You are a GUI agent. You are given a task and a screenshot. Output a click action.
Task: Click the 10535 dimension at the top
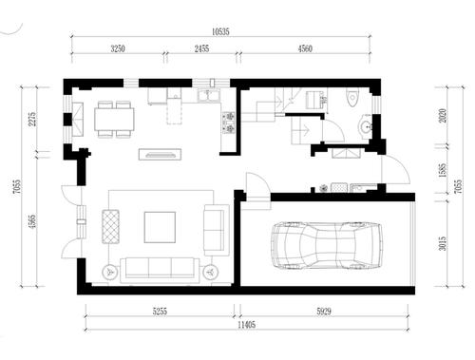coord(220,31)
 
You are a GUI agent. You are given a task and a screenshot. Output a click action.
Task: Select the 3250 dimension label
coord(118,48)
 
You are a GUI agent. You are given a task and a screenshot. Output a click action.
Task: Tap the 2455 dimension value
coord(201,48)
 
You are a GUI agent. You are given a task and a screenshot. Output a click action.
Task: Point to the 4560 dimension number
coord(305,48)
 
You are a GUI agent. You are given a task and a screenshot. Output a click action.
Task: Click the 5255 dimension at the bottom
coord(160,312)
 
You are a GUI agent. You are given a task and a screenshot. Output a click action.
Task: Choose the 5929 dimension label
coord(324,312)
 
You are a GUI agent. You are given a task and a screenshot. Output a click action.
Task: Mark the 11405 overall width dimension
coord(247,325)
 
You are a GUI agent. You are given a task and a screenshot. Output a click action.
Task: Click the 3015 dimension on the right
coord(443,243)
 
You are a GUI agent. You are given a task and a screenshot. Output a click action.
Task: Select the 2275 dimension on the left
coord(33,119)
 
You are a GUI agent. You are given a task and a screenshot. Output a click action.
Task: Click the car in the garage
coord(327,245)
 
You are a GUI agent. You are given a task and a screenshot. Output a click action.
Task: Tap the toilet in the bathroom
coord(352,97)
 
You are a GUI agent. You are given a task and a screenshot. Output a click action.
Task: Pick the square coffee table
coord(160,227)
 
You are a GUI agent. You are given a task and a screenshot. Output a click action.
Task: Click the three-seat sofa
coord(160,270)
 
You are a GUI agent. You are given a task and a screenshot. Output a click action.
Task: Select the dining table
coord(114,120)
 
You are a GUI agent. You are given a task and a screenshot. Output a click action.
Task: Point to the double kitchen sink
coord(208,96)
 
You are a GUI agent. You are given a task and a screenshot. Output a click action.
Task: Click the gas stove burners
coord(229,123)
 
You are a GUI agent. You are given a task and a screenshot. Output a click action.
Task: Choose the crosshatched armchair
coord(111,226)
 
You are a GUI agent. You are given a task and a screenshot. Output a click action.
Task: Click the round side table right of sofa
coord(210,272)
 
